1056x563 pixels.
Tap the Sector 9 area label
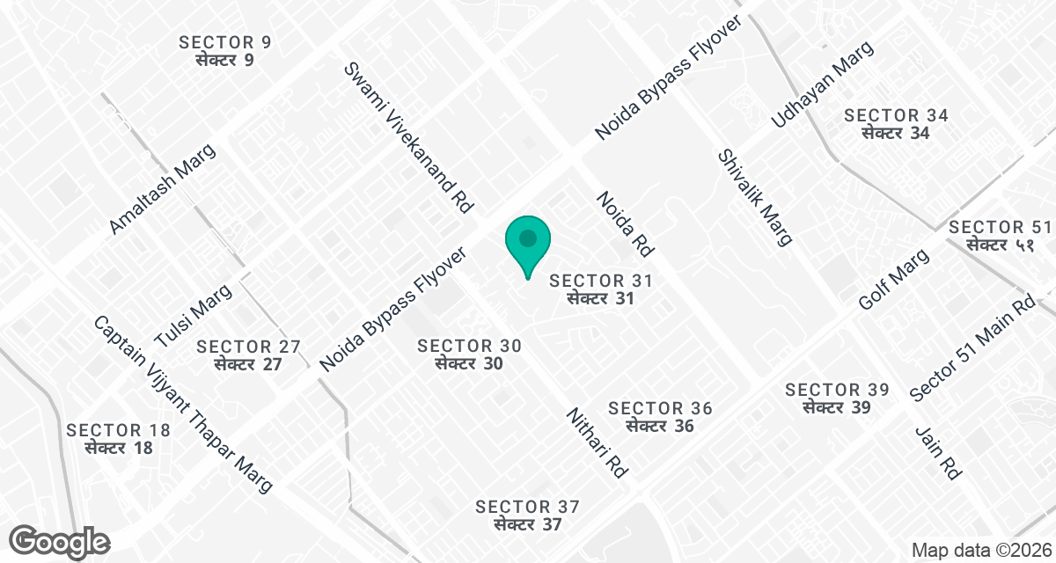[224, 51]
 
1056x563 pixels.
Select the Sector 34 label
[896, 124]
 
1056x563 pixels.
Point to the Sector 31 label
[601, 289]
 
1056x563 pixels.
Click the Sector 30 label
[469, 355]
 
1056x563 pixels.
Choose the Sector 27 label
[249, 355]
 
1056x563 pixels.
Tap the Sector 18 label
[119, 438]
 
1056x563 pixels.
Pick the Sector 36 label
[660, 417]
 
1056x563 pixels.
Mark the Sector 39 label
[837, 398]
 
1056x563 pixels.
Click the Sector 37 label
[527, 515]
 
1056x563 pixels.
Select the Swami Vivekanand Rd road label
[409, 138]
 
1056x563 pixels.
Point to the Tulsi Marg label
[192, 317]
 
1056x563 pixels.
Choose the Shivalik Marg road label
[755, 197]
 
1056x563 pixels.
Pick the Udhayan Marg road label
[823, 84]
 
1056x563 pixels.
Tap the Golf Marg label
[894, 280]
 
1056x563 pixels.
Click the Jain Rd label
[937, 453]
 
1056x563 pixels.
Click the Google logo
[61, 541]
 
